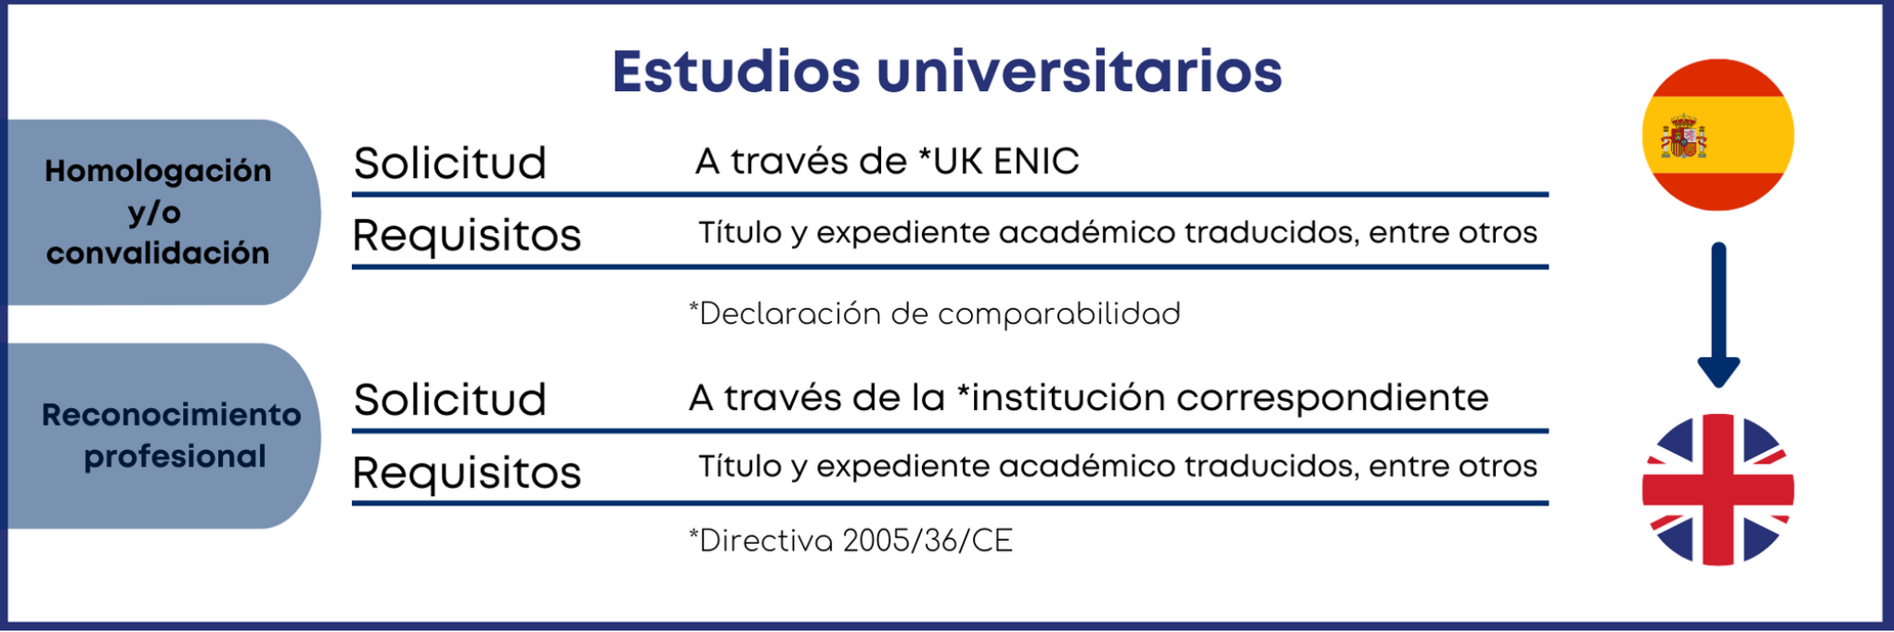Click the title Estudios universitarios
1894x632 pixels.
(946, 72)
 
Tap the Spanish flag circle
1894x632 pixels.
(1718, 135)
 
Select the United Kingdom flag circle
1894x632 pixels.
(1718, 489)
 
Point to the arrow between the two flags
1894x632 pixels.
(1718, 316)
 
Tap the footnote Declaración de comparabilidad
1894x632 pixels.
(934, 314)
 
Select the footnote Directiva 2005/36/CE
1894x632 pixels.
(850, 540)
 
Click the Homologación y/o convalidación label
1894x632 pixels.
(158, 212)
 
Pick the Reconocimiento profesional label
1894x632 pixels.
(172, 435)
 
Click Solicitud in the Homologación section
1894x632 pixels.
(450, 163)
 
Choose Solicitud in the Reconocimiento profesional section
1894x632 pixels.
(450, 400)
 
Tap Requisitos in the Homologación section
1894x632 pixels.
(467, 235)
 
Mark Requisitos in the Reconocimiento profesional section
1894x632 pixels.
(467, 472)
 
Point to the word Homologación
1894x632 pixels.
(158, 171)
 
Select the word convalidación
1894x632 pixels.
(158, 252)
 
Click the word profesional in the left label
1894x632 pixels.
(175, 457)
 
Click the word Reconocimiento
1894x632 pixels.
(172, 415)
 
